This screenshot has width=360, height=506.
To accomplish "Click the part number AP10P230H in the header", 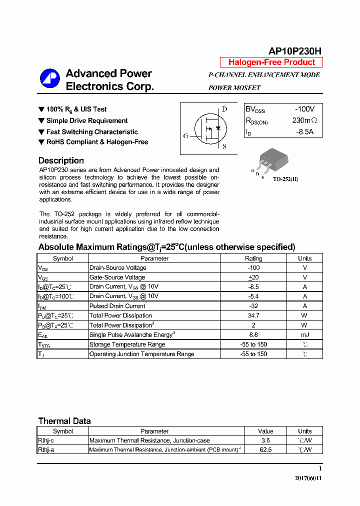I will (295, 51).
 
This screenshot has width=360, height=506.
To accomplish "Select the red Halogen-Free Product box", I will (271, 62).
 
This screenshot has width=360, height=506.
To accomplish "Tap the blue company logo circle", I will (50, 79).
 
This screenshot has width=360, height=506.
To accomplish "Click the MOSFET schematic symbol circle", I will (210, 129).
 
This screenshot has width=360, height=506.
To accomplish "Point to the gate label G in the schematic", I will (186, 135).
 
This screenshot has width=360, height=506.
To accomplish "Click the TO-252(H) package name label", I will (285, 179).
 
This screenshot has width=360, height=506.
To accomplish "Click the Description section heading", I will (61, 160).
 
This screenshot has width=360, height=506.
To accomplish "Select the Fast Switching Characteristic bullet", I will (92, 132).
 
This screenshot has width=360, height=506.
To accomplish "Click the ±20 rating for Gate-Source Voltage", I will (253, 277).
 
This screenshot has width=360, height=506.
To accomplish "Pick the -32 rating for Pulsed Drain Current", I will (253, 306).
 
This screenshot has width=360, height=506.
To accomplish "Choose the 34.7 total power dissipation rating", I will (253, 315).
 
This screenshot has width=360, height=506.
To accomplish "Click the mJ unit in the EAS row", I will (304, 334).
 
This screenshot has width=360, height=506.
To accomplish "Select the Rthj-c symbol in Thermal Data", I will (46, 440).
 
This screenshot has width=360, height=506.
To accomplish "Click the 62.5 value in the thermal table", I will (265, 450).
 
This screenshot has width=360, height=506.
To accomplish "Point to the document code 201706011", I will (308, 478).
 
